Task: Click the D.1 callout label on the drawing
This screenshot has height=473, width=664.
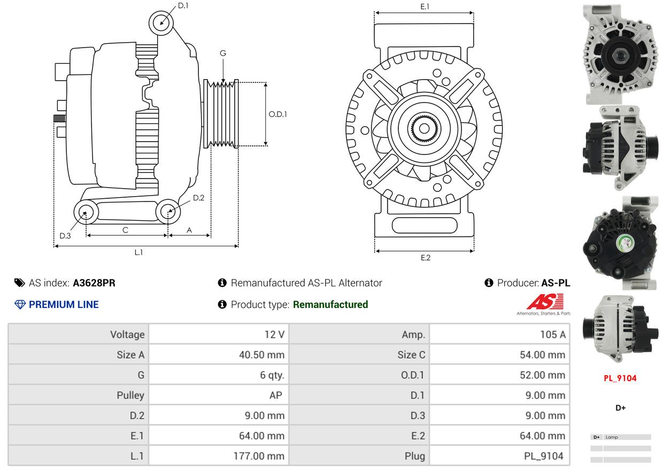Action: (183, 6)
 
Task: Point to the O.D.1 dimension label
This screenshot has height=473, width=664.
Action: (278, 114)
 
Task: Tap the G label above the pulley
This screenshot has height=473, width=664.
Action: (223, 53)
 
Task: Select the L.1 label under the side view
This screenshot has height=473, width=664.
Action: (138, 252)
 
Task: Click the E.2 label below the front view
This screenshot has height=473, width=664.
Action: (426, 258)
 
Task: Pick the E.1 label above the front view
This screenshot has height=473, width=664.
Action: (425, 6)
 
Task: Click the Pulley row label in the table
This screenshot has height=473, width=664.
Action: (130, 396)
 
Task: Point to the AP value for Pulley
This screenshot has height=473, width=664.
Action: (276, 396)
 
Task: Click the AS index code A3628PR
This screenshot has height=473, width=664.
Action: (94, 283)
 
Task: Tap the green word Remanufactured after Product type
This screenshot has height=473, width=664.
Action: (330, 304)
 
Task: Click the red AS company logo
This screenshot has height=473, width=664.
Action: (545, 301)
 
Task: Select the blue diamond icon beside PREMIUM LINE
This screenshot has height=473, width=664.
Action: (20, 305)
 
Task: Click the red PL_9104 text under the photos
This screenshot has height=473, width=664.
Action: (620, 378)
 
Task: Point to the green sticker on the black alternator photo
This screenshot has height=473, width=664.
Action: (626, 243)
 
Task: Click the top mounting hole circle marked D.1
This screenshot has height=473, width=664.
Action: (161, 23)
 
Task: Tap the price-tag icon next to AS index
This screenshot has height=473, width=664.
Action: (20, 283)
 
